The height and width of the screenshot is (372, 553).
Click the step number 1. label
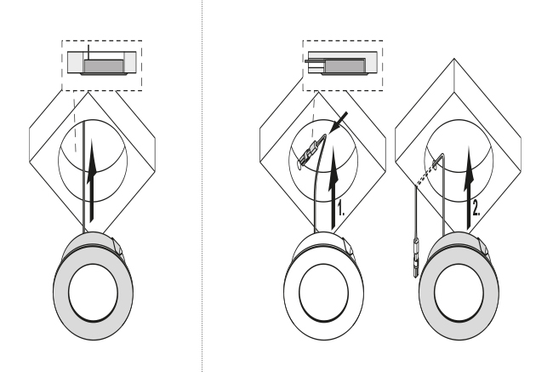(340, 208)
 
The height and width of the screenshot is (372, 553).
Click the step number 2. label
(476, 208)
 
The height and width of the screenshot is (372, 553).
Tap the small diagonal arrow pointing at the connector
(338, 123)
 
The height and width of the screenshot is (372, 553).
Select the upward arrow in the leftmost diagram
(91, 180)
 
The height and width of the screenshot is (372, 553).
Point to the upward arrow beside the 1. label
(333, 188)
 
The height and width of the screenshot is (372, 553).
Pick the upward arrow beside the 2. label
(469, 188)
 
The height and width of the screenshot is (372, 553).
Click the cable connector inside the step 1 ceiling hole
(310, 152)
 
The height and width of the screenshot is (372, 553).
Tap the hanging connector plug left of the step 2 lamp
(416, 258)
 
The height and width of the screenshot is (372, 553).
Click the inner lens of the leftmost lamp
(93, 293)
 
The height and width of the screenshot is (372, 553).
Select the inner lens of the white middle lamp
(324, 293)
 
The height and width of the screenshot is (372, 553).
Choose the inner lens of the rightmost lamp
(459, 293)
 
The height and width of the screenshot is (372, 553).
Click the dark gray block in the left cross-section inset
(104, 66)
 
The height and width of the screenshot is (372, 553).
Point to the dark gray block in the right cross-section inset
(345, 66)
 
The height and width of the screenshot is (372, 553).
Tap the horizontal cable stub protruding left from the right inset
(315, 61)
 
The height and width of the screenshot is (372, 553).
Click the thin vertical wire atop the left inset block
(88, 52)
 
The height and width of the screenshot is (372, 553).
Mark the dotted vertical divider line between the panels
(202, 186)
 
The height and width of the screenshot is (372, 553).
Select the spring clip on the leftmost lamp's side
(117, 246)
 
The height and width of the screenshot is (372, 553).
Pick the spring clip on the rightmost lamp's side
(483, 246)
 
